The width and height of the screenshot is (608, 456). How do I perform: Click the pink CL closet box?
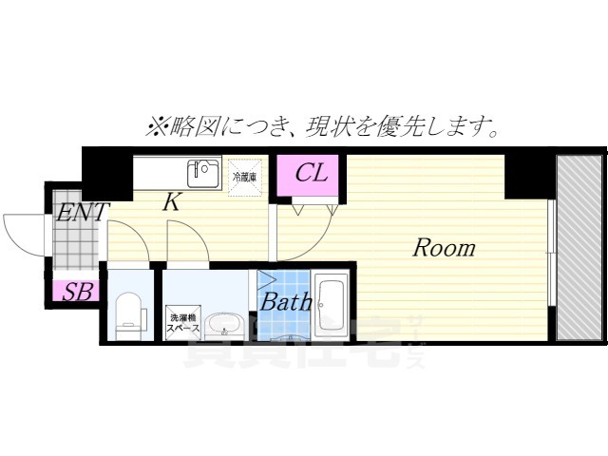point(311,175)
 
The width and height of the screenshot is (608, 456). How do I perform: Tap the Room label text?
point(443,248)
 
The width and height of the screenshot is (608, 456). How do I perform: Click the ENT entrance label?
point(82,211)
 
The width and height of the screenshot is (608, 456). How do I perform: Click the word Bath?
point(286,303)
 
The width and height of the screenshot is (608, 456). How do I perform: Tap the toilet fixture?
point(127,312)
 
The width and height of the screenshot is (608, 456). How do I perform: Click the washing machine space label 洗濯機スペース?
point(182,322)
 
